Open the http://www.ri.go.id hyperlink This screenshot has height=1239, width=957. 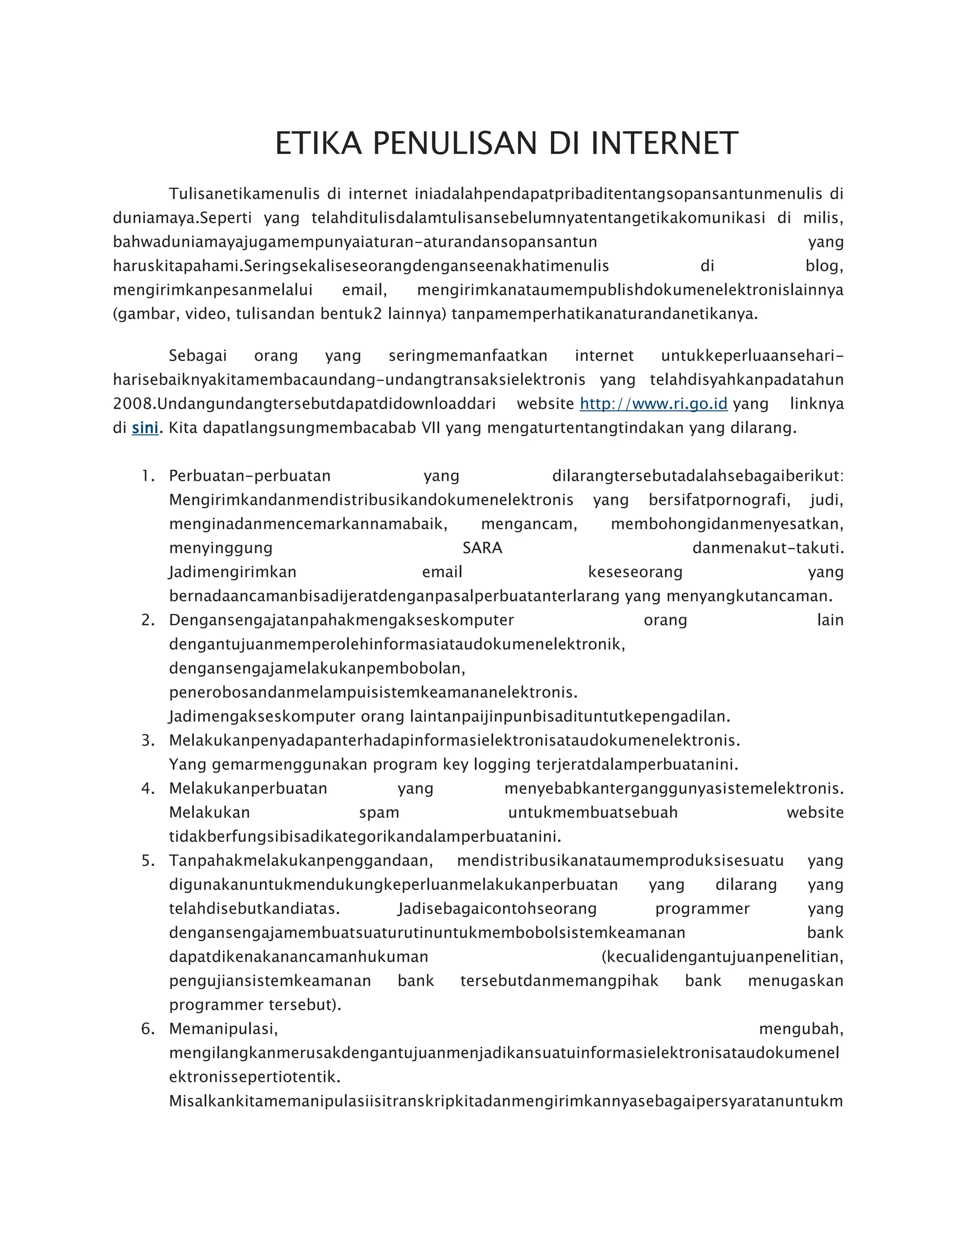[x=653, y=404]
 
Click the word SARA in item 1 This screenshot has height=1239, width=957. [x=482, y=548]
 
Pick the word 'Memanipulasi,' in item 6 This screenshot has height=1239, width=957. [x=223, y=1029]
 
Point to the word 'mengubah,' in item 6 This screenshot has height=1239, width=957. [x=800, y=1029]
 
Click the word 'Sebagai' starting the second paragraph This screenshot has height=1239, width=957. [x=198, y=356]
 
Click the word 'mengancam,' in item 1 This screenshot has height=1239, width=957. [x=529, y=524]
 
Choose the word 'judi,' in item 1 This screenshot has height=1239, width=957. [x=827, y=500]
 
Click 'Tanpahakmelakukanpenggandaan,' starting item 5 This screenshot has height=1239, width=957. [x=301, y=861]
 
